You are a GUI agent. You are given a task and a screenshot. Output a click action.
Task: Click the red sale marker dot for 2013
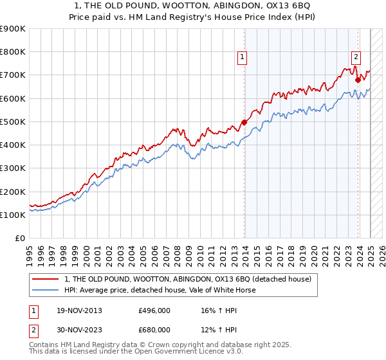[x=244, y=122]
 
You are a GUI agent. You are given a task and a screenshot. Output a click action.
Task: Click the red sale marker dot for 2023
[x=358, y=80]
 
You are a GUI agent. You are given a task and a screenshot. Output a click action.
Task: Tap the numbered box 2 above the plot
[x=356, y=56]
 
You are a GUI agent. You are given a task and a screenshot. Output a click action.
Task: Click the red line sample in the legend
[x=46, y=279]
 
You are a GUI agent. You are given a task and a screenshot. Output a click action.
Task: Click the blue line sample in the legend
[x=46, y=290]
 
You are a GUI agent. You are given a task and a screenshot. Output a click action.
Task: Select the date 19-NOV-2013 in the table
[x=80, y=310]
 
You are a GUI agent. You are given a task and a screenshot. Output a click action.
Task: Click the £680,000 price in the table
[x=154, y=330]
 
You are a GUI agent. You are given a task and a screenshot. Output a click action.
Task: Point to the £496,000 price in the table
[x=154, y=310]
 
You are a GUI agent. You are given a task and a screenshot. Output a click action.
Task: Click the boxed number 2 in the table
[x=33, y=330]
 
